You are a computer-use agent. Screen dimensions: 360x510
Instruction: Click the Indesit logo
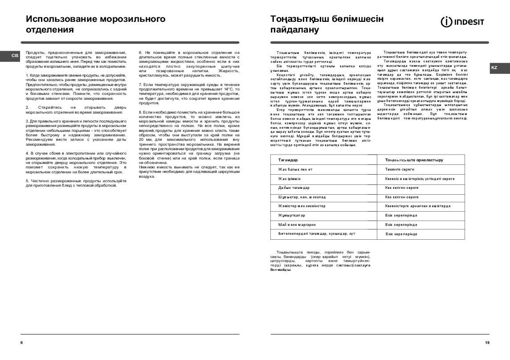pyautogui.click(x=462, y=21)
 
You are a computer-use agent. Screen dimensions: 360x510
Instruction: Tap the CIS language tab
pyautogui.click(x=15, y=56)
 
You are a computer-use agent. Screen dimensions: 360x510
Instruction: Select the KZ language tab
pyautogui.click(x=494, y=68)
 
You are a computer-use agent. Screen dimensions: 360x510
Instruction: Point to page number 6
pyautogui.click(x=21, y=342)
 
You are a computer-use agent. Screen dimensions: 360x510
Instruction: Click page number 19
pyautogui.click(x=487, y=342)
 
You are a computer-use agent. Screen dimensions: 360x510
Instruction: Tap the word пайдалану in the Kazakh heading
pyautogui.click(x=295, y=30)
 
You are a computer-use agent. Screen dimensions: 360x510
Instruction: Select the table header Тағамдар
pyautogui.click(x=288, y=160)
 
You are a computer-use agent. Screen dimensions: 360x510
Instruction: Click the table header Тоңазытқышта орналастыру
pyautogui.click(x=414, y=160)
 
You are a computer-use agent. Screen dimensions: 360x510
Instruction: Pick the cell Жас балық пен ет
pyautogui.click(x=295, y=169)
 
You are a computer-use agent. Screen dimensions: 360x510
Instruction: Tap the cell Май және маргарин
pyautogui.click(x=297, y=225)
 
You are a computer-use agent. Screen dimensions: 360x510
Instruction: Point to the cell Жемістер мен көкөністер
pyautogui.click(x=302, y=206)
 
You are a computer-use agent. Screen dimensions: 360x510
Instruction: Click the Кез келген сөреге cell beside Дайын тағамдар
pyautogui.click(x=402, y=188)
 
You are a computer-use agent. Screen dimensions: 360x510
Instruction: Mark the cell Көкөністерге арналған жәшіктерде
pyautogui.click(x=418, y=206)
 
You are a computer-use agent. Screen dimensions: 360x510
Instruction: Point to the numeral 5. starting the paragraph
pyautogui.click(x=27, y=180)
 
